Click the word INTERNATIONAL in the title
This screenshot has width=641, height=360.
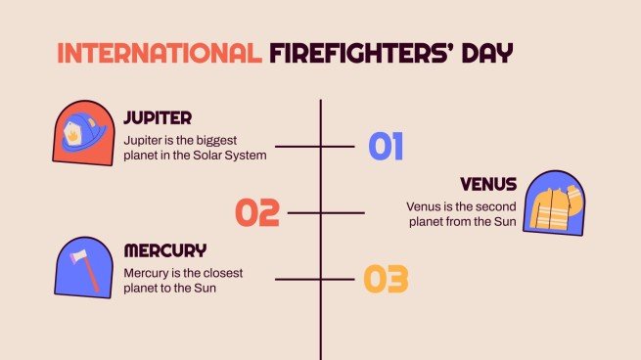coord(158,53)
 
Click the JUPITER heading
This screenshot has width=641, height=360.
coord(158,118)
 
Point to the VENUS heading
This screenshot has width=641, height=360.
coord(488,185)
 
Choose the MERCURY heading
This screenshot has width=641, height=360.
coord(164,250)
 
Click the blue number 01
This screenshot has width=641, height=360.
coord(386,147)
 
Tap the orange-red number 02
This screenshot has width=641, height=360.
coord(257,212)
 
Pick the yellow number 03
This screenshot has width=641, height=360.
coord(386,279)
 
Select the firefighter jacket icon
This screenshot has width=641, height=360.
coord(554,205)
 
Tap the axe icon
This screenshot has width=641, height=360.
coord(85,265)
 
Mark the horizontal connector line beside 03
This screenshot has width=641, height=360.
coord(313,279)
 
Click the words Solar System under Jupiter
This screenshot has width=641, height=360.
coord(230,155)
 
